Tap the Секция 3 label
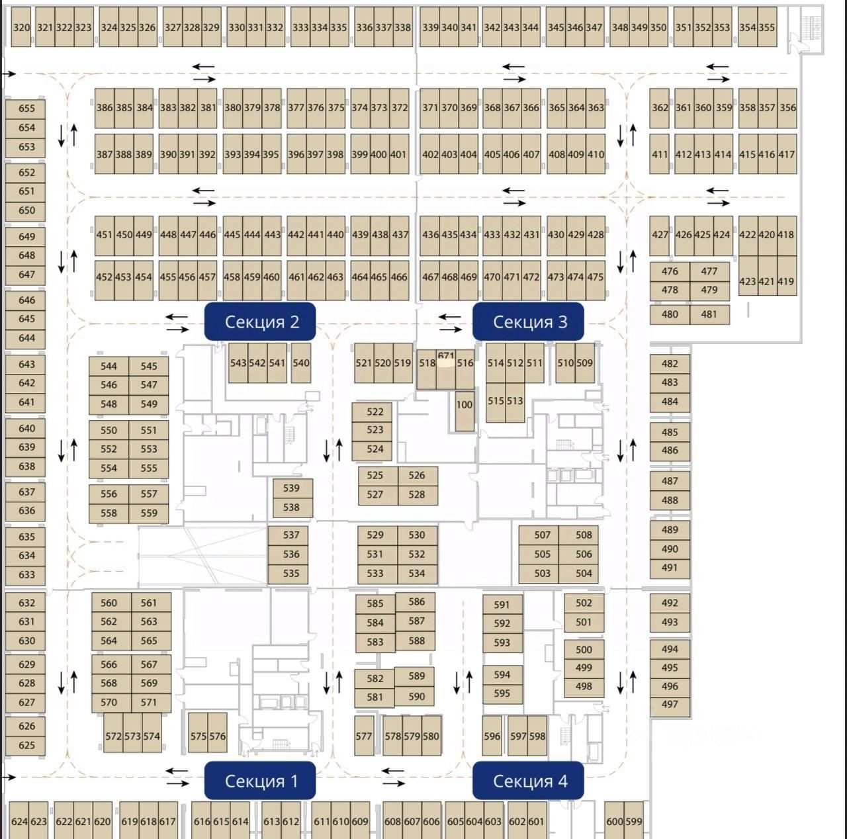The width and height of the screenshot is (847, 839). [529, 322]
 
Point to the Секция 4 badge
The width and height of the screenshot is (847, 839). [529, 781]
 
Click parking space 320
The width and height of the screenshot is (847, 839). [21, 27]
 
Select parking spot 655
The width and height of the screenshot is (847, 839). [26, 109]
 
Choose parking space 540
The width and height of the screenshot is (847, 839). [301, 363]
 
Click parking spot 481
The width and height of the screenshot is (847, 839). [709, 314]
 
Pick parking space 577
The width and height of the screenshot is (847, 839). [364, 736]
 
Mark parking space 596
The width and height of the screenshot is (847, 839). [492, 736]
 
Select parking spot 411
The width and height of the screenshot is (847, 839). [660, 154]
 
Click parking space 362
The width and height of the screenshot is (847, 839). [660, 107]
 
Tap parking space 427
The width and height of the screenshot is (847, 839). [660, 234]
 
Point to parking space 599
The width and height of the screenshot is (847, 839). [634, 821]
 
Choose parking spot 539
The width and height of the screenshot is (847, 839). [292, 488]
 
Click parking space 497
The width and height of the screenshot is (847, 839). [670, 705]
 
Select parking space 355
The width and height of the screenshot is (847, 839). [767, 27]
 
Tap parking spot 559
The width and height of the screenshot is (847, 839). [149, 513]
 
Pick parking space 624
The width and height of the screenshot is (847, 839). [19, 821]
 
